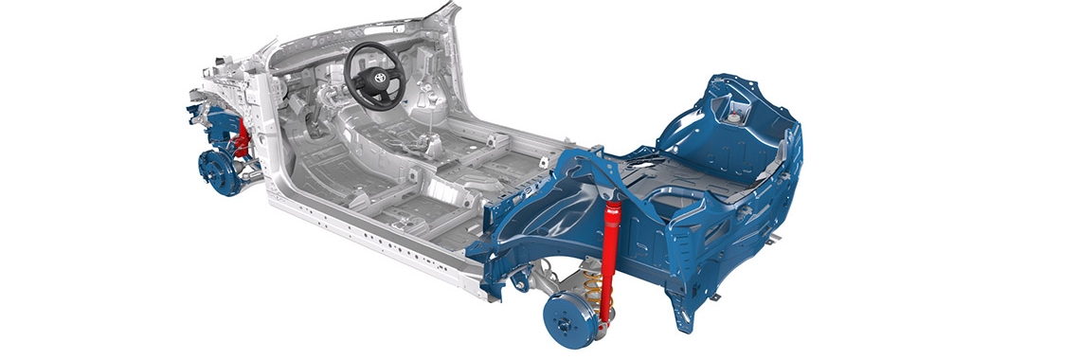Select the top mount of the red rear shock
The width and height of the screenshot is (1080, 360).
(x=614, y=205)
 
